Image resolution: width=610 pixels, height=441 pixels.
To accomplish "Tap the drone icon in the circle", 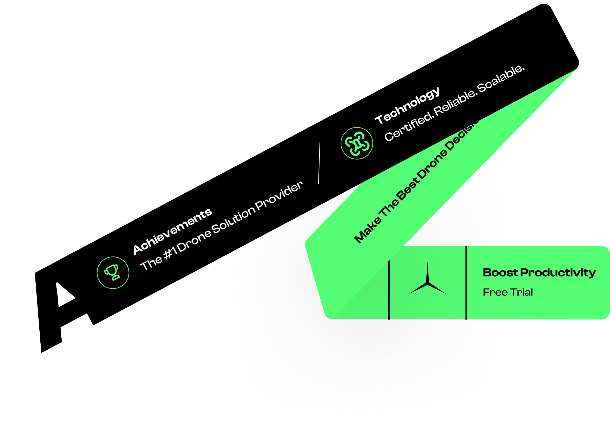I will [357, 143].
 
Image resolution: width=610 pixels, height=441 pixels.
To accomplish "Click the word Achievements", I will [172, 231].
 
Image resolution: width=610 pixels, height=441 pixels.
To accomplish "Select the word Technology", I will [407, 105].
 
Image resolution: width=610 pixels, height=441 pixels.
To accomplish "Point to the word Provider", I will [279, 196].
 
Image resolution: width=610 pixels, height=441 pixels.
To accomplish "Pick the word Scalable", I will [501, 78].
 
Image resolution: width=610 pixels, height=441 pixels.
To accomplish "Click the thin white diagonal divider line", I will [319, 163].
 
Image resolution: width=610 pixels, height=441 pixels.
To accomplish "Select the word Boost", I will [500, 273].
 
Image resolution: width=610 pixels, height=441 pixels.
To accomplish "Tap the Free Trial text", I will [507, 292].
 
